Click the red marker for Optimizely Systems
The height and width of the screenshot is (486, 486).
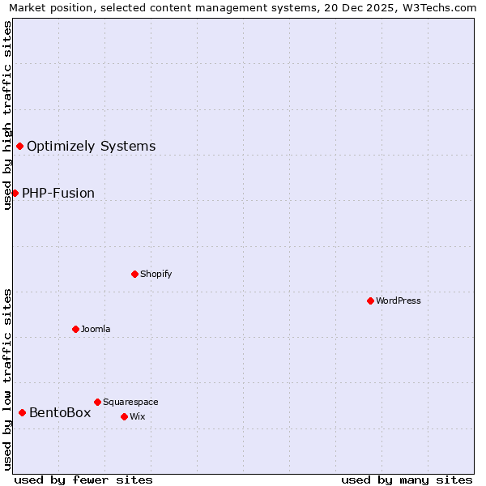click(20, 146)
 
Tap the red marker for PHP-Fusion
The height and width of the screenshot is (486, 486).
click(15, 193)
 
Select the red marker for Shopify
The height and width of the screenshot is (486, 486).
click(134, 274)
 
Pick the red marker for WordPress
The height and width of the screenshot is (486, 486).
click(370, 301)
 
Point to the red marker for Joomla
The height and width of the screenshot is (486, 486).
click(75, 329)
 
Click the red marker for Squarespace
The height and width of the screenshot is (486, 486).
click(97, 402)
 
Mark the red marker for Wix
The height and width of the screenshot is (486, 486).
click(124, 416)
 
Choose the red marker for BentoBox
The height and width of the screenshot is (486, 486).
click(22, 412)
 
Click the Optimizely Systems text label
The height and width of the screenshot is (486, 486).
click(91, 147)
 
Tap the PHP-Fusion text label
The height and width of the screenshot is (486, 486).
click(58, 194)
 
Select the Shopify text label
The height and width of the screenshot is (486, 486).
click(156, 275)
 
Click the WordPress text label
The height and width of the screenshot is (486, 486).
click(398, 301)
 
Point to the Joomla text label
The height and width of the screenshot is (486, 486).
click(96, 330)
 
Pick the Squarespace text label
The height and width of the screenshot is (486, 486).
click(130, 403)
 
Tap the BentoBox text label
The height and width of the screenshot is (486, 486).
click(60, 413)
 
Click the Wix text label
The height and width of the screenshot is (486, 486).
click(138, 417)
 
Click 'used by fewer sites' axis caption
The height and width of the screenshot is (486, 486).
click(83, 480)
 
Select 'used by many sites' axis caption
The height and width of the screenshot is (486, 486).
click(407, 480)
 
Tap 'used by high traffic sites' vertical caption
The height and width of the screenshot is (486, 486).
click(7, 114)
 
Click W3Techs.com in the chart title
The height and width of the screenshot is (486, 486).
click(441, 7)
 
